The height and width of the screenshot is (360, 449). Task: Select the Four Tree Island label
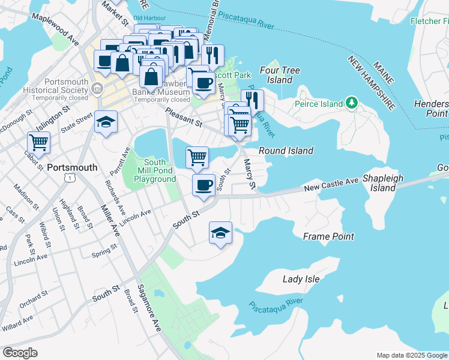click(x=276, y=75)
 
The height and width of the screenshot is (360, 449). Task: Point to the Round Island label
click(x=286, y=151)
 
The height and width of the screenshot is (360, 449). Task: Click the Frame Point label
click(x=328, y=236)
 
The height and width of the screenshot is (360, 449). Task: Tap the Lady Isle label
click(x=301, y=278)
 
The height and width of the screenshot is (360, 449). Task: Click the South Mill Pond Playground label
click(x=155, y=171)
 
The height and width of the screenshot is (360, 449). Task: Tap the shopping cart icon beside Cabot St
click(x=39, y=143)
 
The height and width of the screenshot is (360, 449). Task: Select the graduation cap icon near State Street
click(x=106, y=122)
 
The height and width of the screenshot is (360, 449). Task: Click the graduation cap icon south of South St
click(x=220, y=232)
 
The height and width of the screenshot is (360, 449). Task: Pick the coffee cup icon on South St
click(x=203, y=184)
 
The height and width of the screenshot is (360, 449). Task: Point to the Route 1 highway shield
click(x=71, y=178)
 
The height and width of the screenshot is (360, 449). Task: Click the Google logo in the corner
click(x=20, y=353)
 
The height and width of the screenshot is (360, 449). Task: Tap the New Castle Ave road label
click(x=331, y=184)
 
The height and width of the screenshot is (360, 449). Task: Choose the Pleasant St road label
click(x=184, y=118)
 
